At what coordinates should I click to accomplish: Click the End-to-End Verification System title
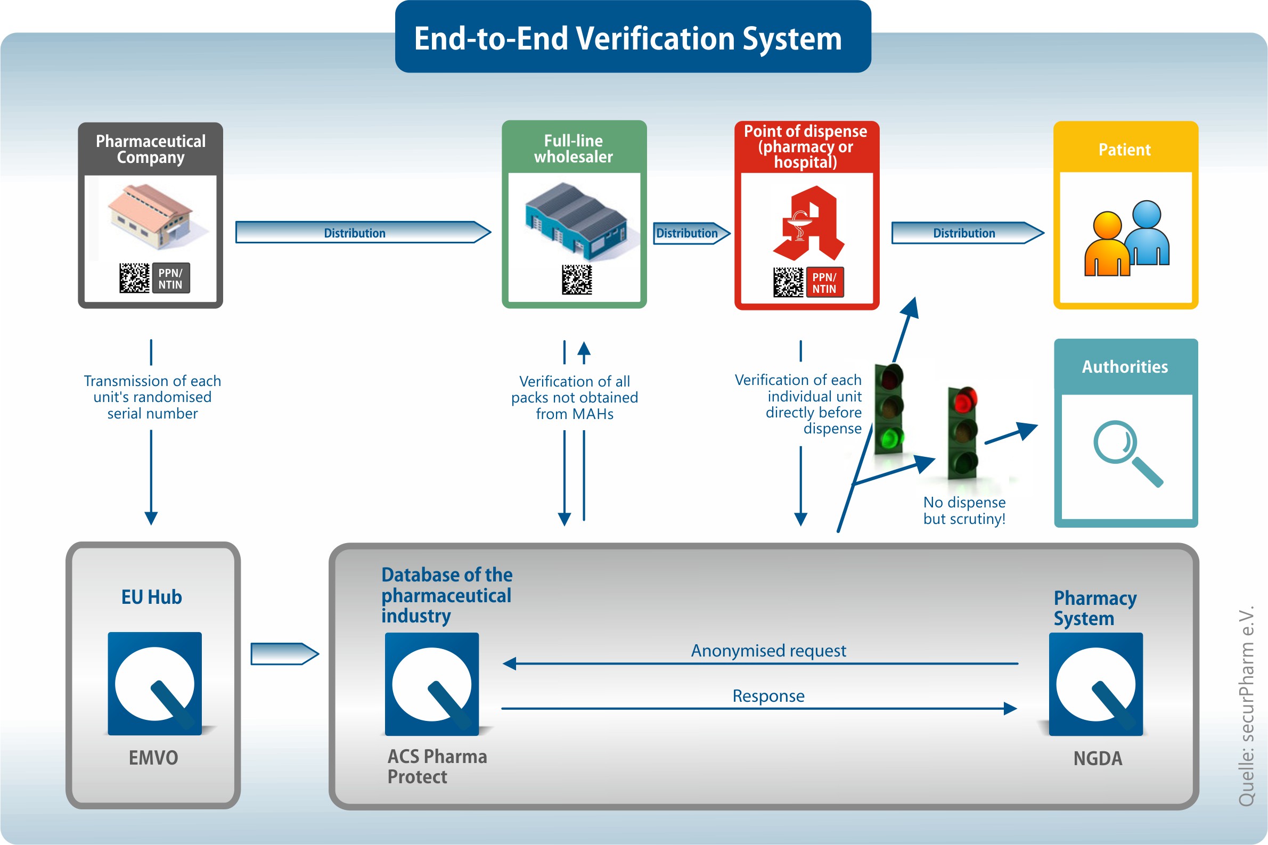[628, 39]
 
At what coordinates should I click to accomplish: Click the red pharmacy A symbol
[808, 224]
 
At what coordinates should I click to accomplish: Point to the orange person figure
[1107, 245]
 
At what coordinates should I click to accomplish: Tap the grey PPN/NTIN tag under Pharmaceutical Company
[171, 278]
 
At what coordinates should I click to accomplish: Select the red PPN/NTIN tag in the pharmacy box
[824, 283]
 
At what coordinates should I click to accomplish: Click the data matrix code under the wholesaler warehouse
[577, 280]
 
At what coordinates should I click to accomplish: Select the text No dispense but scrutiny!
[964, 510]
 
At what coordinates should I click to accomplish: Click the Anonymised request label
[768, 651]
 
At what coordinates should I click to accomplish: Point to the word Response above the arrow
[768, 696]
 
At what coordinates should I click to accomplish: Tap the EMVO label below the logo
[153, 758]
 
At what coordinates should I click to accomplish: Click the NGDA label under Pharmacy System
[1098, 759]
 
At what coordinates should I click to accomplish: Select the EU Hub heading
[151, 597]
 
